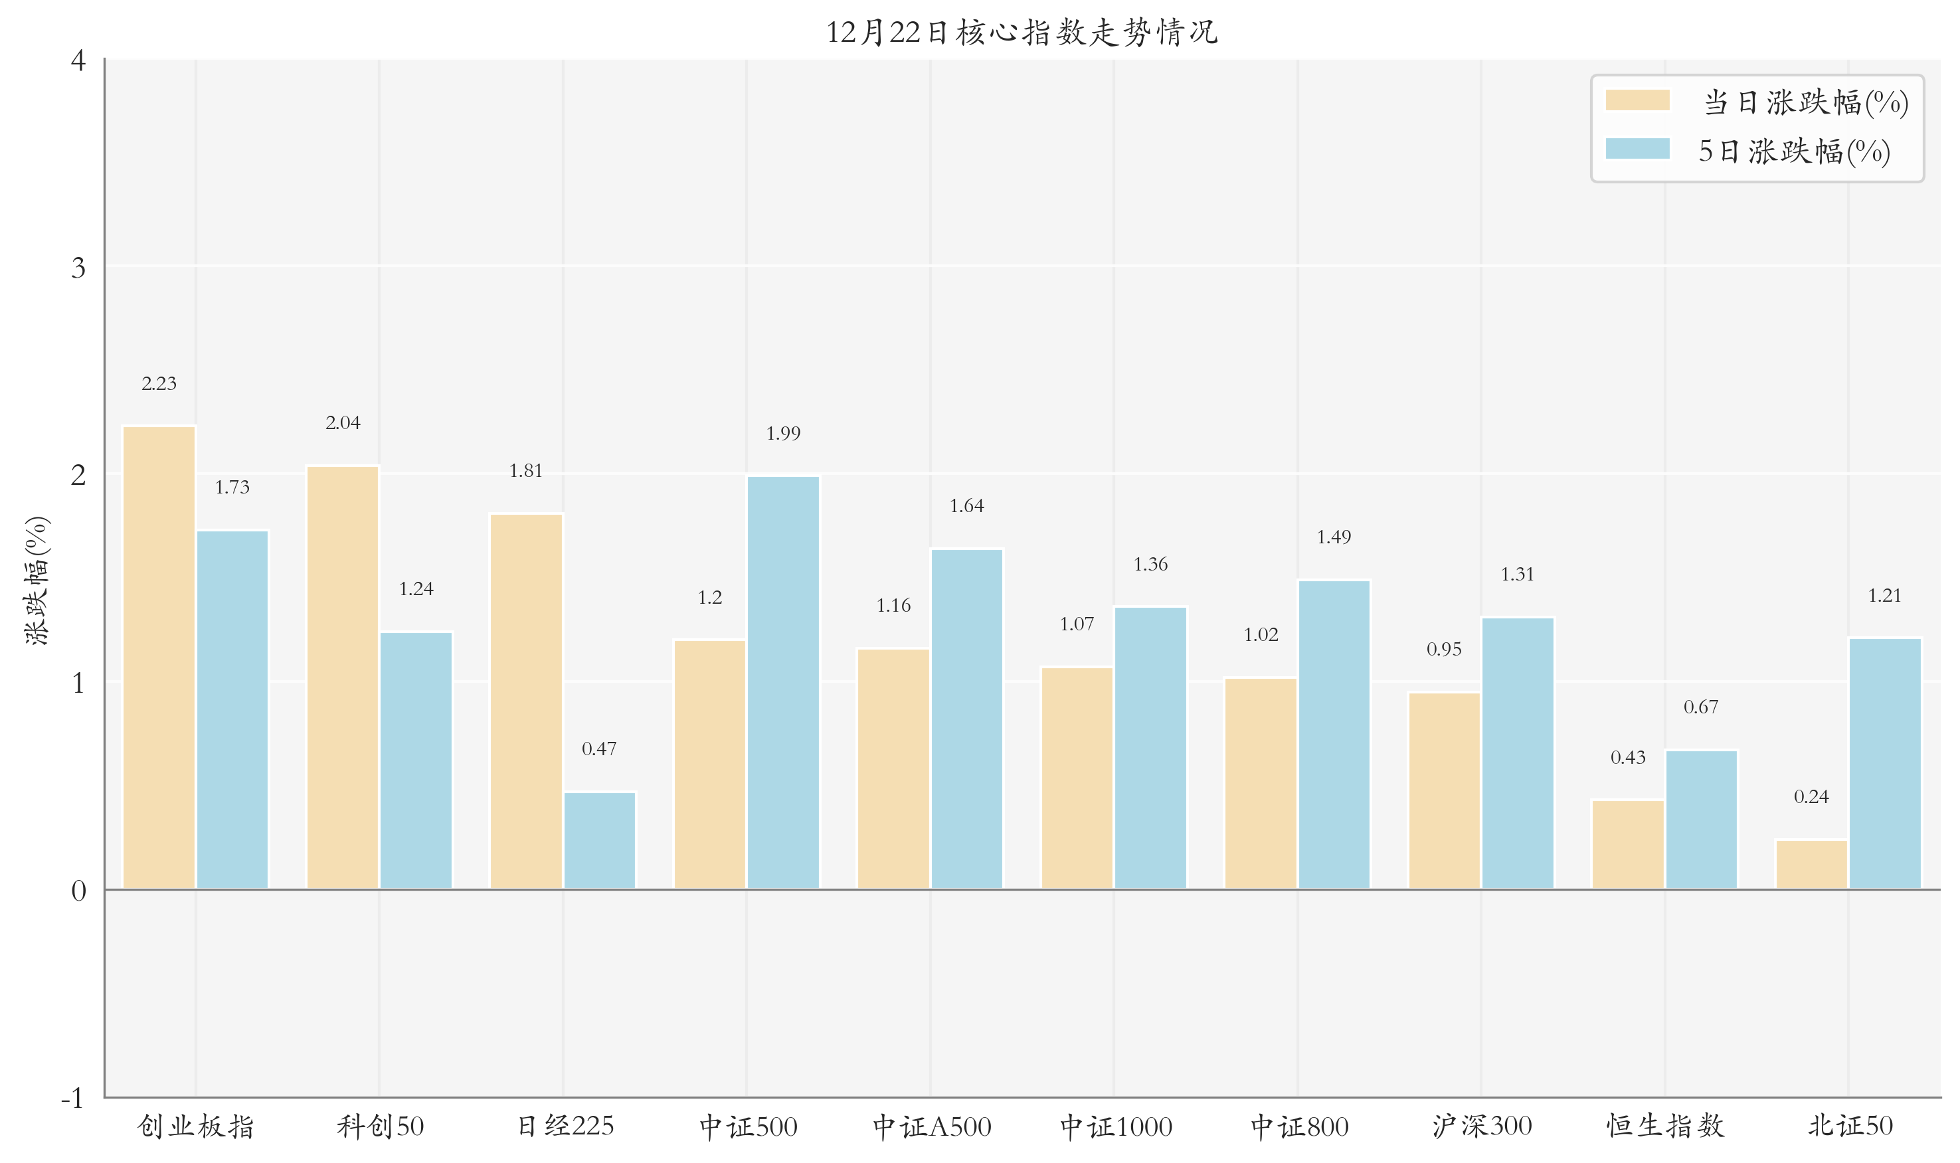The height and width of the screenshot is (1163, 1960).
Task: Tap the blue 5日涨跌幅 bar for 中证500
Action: click(783, 682)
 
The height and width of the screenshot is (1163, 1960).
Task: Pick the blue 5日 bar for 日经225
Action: click(600, 840)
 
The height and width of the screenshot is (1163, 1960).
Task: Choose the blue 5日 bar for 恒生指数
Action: click(1700, 820)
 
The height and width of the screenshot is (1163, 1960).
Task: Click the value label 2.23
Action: click(159, 384)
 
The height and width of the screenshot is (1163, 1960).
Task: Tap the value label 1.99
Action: click(783, 433)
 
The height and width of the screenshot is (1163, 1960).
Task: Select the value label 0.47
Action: click(600, 749)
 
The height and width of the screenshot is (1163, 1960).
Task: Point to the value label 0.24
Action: click(1811, 797)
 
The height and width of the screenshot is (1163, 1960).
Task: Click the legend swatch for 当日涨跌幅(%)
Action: click(1637, 100)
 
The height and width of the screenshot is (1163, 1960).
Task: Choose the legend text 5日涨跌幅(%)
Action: click(1794, 151)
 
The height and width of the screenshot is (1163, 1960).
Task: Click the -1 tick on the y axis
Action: click(73, 1099)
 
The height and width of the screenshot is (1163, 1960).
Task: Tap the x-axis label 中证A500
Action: click(932, 1127)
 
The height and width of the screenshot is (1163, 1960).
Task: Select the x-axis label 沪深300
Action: click(1481, 1127)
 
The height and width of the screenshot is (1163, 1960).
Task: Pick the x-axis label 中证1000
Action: click(1116, 1127)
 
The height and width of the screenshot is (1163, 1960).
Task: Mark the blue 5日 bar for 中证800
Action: click(1334, 735)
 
